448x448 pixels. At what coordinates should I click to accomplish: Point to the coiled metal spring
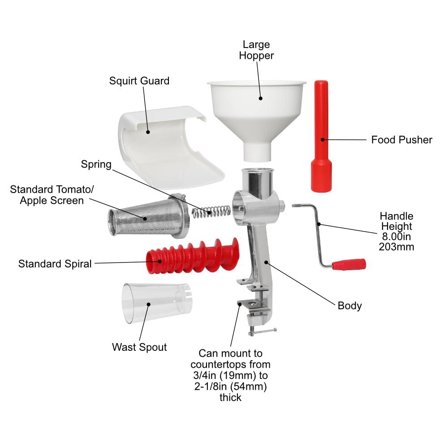click(x=211, y=211)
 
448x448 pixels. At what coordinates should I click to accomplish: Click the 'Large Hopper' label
click(x=256, y=50)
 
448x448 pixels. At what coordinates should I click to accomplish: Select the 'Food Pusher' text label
click(x=401, y=140)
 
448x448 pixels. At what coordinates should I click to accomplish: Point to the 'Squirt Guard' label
click(x=139, y=81)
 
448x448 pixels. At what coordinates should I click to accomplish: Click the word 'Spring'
click(x=96, y=164)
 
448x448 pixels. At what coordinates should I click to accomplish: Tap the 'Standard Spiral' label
click(x=55, y=264)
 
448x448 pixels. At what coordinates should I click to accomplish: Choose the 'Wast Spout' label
click(x=139, y=347)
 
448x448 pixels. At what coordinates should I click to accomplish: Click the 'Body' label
click(x=349, y=306)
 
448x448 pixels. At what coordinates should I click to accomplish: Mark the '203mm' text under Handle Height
click(x=396, y=246)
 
